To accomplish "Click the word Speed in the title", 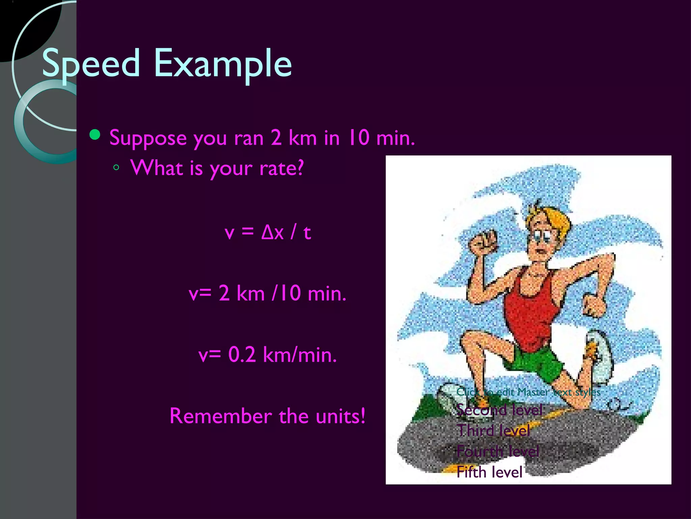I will click(x=90, y=64).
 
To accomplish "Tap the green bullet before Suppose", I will click(x=95, y=135).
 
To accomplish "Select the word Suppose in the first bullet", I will click(x=148, y=138).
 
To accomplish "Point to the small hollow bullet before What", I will click(x=116, y=167).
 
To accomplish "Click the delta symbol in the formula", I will click(x=267, y=232).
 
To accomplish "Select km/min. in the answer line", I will click(x=300, y=355).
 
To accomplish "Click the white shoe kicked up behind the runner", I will click(x=601, y=355).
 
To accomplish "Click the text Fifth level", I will click(x=489, y=472).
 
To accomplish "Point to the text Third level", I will click(x=494, y=430).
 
